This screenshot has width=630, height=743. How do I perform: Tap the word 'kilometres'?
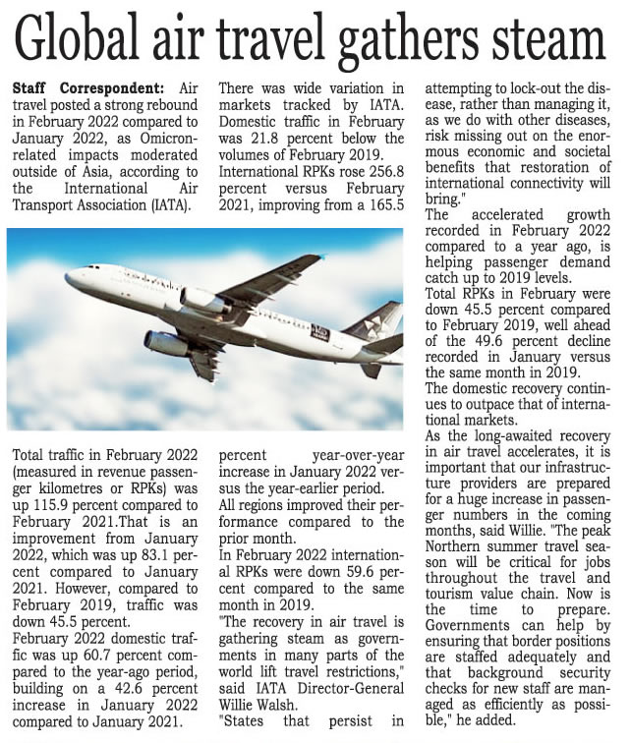point(50,491)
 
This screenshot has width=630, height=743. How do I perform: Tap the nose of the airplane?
point(69,277)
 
